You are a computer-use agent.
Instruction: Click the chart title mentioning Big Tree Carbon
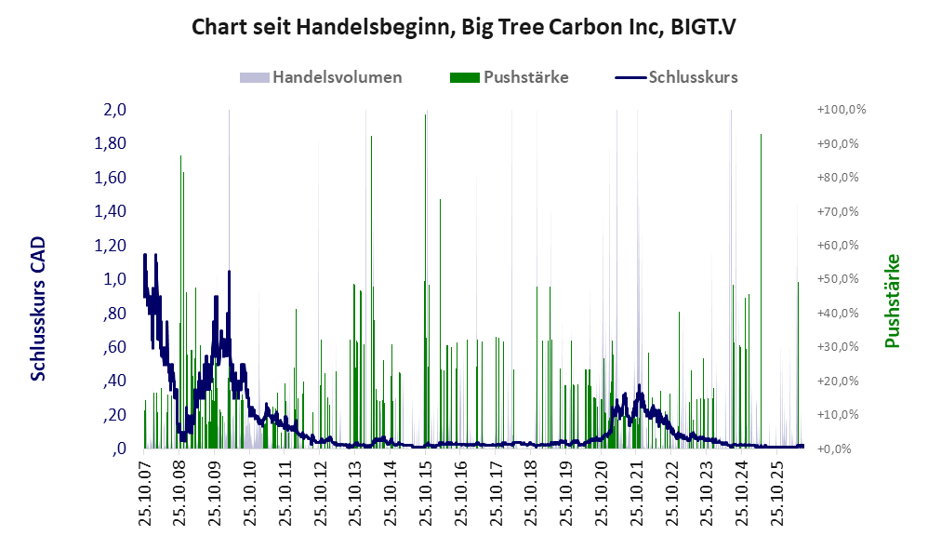[463, 27]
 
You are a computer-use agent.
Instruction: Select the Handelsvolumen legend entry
[321, 77]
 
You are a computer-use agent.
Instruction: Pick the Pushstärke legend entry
[509, 77]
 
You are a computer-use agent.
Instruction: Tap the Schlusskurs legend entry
[676, 77]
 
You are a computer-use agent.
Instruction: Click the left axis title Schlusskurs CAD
[38, 309]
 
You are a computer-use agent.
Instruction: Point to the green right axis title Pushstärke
[893, 301]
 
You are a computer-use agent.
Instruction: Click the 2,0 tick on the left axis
[114, 110]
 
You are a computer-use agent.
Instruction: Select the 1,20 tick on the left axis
[110, 245]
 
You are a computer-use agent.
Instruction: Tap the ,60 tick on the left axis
[114, 346]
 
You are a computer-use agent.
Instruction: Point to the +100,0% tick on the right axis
[842, 110]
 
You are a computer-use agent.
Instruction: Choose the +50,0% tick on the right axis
[838, 279]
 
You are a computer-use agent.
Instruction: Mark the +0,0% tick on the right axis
[834, 449]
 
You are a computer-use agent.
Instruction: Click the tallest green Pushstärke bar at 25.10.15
[425, 281]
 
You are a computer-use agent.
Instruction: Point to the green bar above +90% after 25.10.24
[761, 291]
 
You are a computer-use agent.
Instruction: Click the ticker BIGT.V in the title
[703, 27]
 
